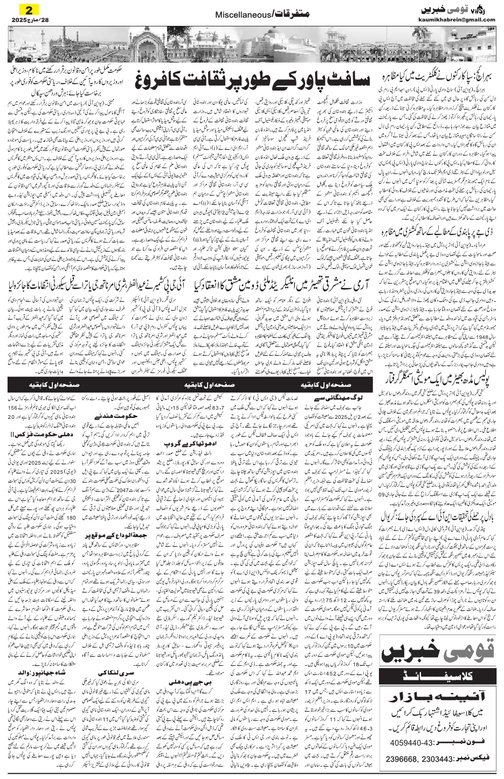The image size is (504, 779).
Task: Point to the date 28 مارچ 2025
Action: click(25, 20)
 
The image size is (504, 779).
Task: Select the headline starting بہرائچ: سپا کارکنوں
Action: click(439, 70)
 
